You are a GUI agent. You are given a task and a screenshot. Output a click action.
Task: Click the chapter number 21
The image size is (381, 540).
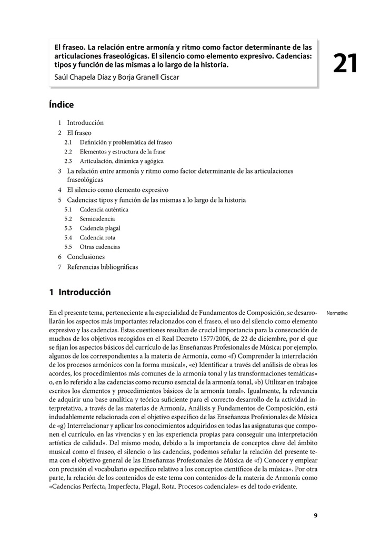click(x=345, y=64)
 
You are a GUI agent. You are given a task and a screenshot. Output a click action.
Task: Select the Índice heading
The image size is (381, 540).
click(x=61, y=105)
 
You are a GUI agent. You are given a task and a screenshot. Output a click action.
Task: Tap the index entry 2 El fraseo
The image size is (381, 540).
click(x=75, y=133)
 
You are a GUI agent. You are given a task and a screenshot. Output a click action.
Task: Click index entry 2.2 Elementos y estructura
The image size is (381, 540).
click(x=114, y=152)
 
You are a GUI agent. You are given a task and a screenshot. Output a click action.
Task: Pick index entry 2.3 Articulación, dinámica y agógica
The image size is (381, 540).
click(x=114, y=161)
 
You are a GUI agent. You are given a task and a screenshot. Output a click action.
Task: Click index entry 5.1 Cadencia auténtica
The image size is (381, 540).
click(x=96, y=209)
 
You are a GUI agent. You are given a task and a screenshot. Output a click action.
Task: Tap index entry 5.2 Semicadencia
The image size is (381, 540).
click(x=89, y=219)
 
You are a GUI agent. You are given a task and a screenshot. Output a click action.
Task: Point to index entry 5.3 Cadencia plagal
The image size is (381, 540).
click(x=93, y=228)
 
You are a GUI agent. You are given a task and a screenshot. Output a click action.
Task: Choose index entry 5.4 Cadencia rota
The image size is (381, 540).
click(x=90, y=237)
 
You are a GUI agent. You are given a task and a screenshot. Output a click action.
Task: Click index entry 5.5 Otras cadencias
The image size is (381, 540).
click(x=93, y=247)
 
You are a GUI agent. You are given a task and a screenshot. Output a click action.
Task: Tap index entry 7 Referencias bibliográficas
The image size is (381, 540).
click(x=98, y=267)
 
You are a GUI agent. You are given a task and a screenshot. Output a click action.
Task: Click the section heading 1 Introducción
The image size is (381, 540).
click(x=80, y=292)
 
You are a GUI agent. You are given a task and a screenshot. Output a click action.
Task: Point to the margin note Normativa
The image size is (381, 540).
click(x=337, y=313)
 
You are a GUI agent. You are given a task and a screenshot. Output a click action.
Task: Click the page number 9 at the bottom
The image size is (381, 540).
click(x=316, y=516)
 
